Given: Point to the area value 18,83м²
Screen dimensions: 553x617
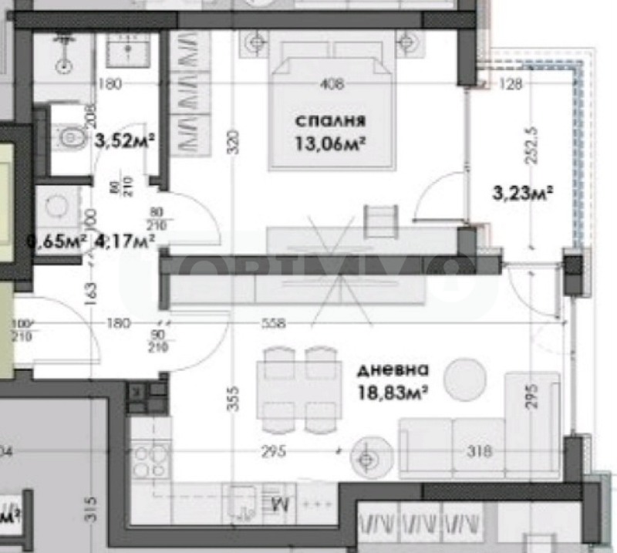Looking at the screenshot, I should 392,391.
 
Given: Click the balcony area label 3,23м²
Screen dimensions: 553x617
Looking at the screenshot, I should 524,194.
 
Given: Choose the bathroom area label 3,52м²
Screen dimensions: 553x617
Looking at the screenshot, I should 125,140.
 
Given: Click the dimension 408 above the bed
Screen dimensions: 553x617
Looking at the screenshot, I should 333,85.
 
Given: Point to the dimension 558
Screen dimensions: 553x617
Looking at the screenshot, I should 274,324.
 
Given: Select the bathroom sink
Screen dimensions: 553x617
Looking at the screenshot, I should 126,52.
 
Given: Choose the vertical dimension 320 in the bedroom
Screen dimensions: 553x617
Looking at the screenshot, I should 234,139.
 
